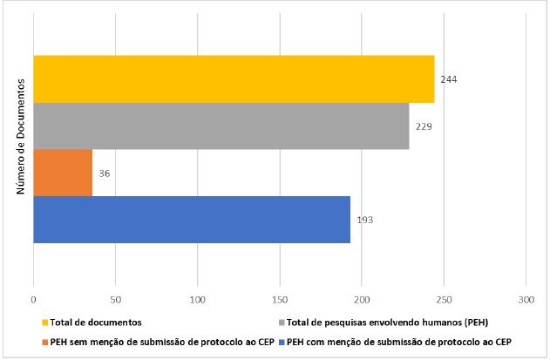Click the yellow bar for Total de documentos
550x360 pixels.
tap(234, 79)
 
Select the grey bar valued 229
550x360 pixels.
tap(221, 126)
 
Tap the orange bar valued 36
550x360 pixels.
tap(63, 173)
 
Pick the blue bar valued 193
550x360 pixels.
tap(192, 220)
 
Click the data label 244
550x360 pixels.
tap(449, 79)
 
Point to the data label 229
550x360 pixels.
tap(424, 126)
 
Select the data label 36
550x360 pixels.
tap(104, 173)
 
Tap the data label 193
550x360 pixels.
tap(365, 220)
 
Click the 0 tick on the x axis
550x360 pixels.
tap(33, 299)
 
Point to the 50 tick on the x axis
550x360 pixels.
tap(115, 299)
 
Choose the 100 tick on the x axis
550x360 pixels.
tap(198, 299)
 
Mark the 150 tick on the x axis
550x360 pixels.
tap(280, 299)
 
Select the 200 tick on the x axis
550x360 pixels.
tap(362, 299)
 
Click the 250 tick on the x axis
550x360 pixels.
tap(444, 299)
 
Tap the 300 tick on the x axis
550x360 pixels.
tap(526, 299)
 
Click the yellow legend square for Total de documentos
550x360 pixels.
tap(44, 322)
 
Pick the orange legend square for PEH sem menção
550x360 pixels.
tap(44, 342)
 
